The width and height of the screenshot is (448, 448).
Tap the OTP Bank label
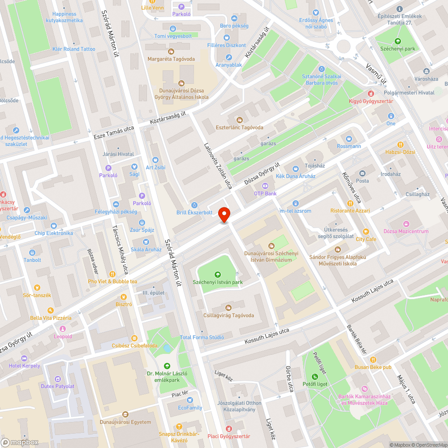tap(265, 194)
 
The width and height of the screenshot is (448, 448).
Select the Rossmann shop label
tap(349, 146)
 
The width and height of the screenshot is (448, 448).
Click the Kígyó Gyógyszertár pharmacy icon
tap(370, 94)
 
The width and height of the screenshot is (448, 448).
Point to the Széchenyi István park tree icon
tap(218, 275)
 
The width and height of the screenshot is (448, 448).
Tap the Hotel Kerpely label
tap(24, 366)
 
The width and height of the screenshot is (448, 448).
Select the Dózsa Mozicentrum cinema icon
tap(406, 224)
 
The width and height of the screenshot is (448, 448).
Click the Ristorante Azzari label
tap(350, 211)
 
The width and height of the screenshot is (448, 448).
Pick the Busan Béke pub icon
tap(373, 359)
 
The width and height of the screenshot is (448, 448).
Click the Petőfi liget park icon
tap(314, 376)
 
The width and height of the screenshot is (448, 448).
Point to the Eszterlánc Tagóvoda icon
tap(239, 120)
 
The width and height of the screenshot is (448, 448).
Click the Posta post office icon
tap(362, 173)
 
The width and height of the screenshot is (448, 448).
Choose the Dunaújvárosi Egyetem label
tap(125, 422)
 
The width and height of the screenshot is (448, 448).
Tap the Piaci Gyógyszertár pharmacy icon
tap(229, 429)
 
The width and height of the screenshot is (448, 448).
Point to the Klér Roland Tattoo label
tap(73, 49)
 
